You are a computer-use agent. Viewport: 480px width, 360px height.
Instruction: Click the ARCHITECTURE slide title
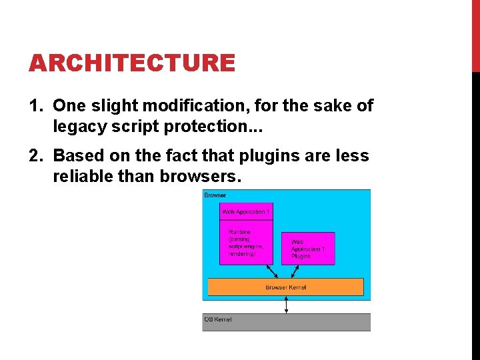coord(131,63)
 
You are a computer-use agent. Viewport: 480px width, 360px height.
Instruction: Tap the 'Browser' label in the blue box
coord(215,195)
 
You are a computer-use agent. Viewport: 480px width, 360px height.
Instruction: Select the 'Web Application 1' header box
coord(246,211)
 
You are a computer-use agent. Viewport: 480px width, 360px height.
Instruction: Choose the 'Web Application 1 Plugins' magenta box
coord(308,248)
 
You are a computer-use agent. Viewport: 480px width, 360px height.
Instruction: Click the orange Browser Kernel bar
coord(286,287)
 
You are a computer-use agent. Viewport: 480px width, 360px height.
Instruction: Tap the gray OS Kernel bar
coord(286,322)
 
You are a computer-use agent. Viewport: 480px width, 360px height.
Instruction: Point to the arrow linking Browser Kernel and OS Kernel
coord(286,305)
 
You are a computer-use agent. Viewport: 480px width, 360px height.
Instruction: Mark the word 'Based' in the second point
coord(75,156)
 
